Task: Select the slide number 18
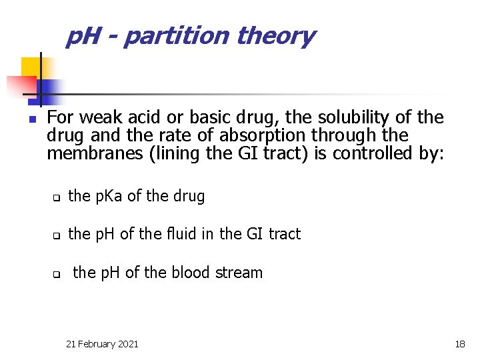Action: point(460,344)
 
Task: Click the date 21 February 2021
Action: point(103,344)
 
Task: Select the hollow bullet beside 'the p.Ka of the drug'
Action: point(57,198)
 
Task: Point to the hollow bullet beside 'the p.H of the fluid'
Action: point(57,235)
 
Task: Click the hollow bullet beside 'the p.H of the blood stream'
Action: point(57,274)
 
